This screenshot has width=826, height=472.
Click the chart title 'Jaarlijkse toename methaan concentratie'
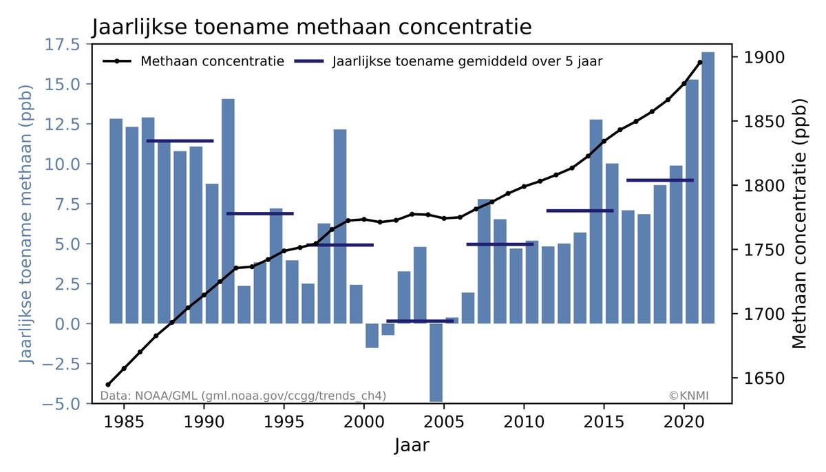coord(312,28)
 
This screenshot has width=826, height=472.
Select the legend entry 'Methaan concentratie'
coord(212,61)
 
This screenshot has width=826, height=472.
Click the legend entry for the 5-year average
coord(467,61)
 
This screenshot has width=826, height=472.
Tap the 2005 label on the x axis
coord(444,420)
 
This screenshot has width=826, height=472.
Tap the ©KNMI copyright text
coord(688,396)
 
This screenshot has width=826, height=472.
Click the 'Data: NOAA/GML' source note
coord(243,396)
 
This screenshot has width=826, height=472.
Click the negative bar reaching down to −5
coord(436,362)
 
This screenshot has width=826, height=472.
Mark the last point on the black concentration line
coord(700,63)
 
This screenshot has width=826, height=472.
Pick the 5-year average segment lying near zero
coord(420,321)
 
